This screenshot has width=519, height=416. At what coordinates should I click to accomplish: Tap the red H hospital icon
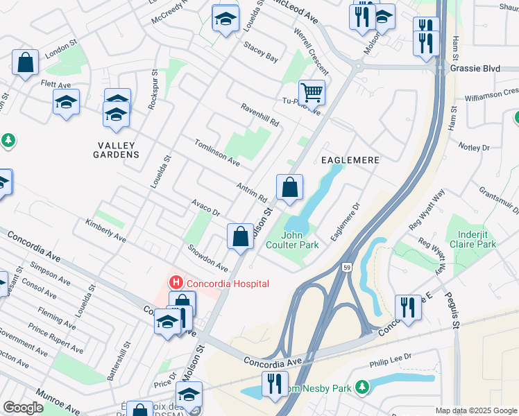pyautogui.click(x=176, y=283)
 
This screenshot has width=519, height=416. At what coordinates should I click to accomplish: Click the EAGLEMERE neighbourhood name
pyautogui.click(x=350, y=160)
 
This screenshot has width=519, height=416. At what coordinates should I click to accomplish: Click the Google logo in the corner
pyautogui.click(x=23, y=408)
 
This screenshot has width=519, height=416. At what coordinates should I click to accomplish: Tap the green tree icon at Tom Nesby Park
pyautogui.click(x=361, y=386)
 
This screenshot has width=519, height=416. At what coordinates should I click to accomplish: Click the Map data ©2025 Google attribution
pyautogui.click(x=476, y=410)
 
